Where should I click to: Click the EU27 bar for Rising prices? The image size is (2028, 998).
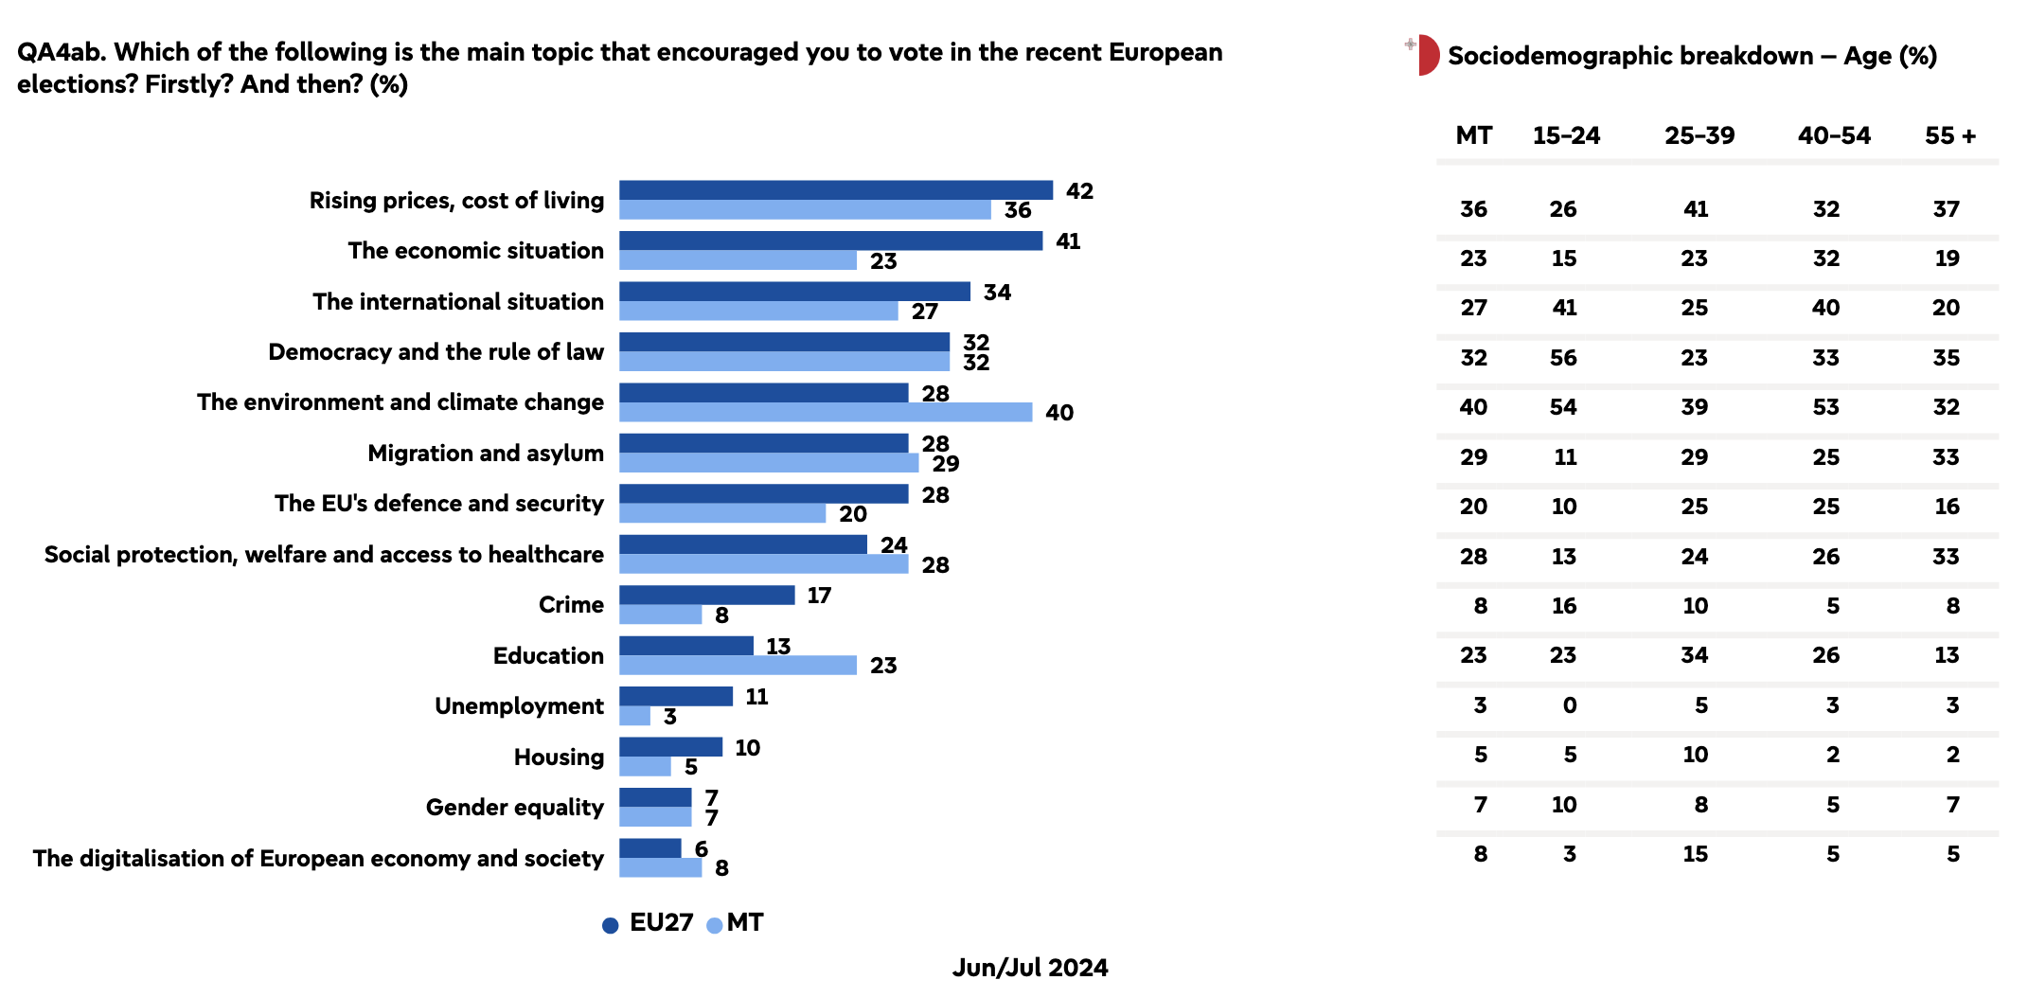click(835, 190)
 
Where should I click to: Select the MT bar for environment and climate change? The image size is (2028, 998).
click(825, 412)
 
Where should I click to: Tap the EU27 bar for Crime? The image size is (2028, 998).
click(706, 595)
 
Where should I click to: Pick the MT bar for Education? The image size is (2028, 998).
click(738, 665)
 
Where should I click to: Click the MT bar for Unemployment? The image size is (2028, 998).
click(634, 716)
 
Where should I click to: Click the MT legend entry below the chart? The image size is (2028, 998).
click(736, 923)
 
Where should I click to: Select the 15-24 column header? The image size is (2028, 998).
click(1566, 135)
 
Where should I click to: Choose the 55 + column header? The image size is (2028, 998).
click(1949, 135)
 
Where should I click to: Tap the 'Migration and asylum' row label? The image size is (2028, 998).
click(485, 454)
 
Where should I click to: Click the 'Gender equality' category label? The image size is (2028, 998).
click(514, 808)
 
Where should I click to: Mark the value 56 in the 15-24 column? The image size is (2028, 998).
click(1563, 358)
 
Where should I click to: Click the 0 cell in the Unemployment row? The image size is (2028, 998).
click(1569, 705)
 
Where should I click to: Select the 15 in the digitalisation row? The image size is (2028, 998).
click(1695, 854)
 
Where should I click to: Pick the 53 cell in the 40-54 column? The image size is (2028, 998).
click(1825, 407)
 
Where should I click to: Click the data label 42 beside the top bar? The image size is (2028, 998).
click(1079, 191)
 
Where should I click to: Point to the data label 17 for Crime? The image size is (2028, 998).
click(819, 596)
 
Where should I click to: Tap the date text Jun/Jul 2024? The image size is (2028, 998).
click(1029, 968)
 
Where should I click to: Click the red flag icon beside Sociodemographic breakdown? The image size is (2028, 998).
click(1425, 55)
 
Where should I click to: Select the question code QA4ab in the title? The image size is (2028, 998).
click(60, 52)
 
